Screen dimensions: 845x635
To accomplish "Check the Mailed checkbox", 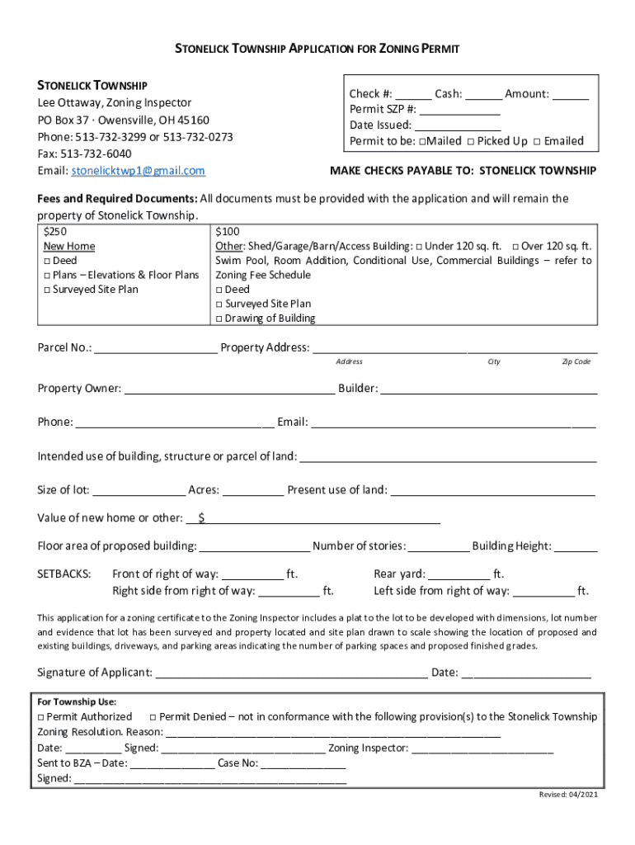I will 421,141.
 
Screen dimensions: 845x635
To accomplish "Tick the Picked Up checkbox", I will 470,141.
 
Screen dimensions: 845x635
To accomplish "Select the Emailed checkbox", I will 537,141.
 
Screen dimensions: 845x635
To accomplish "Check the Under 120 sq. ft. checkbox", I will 420,247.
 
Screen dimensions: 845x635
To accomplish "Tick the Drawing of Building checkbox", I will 219,319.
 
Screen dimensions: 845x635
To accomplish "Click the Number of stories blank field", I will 439,547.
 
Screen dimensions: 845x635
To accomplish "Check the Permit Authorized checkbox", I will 41,717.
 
